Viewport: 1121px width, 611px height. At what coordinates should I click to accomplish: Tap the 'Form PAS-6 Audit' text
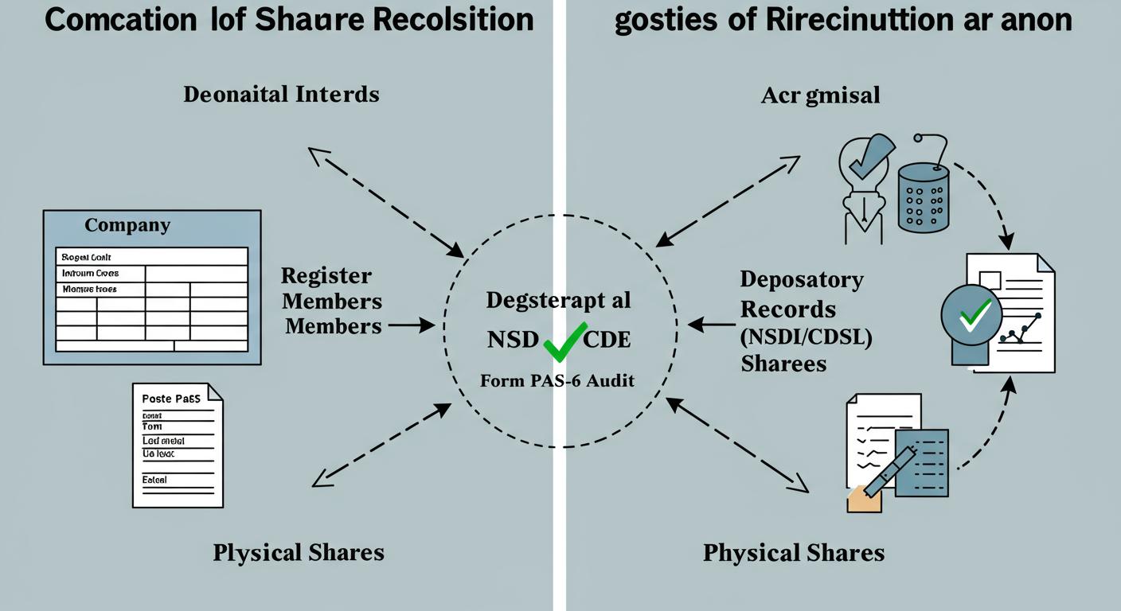click(x=557, y=381)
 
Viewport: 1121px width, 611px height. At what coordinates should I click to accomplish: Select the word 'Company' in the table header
click(x=127, y=225)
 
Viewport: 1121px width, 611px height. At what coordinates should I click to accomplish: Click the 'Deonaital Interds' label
click(x=281, y=95)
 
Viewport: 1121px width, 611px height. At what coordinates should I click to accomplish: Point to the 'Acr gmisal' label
click(x=820, y=96)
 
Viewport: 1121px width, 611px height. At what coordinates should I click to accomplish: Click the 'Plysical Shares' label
click(x=299, y=553)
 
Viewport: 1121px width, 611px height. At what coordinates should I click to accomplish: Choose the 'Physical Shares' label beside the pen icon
click(x=794, y=553)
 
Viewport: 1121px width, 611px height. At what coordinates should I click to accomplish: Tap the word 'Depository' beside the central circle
click(x=802, y=280)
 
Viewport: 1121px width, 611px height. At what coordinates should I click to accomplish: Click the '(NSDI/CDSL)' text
click(x=807, y=337)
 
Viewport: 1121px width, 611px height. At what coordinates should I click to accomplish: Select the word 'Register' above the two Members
click(x=326, y=276)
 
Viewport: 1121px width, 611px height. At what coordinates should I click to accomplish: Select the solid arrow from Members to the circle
click(x=411, y=325)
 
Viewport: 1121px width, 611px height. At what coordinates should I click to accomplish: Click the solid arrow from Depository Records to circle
click(x=711, y=325)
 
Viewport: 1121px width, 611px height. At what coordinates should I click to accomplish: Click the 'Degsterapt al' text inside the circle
click(x=559, y=301)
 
